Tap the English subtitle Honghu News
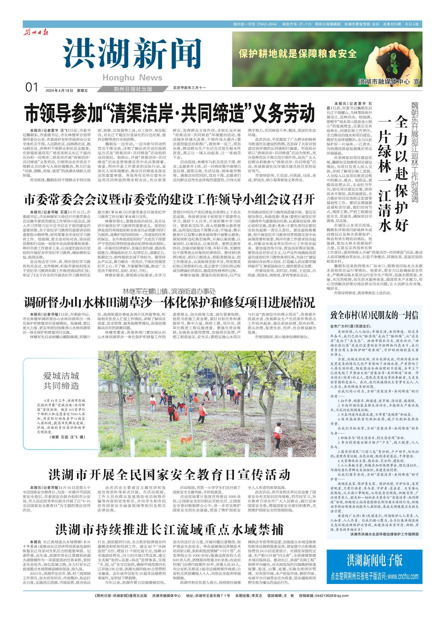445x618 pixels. click(x=132, y=78)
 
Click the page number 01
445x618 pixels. click(x=31, y=88)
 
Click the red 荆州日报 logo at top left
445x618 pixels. click(x=36, y=33)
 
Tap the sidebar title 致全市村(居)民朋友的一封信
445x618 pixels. click(x=374, y=315)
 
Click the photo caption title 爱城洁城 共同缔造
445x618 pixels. click(x=61, y=381)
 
